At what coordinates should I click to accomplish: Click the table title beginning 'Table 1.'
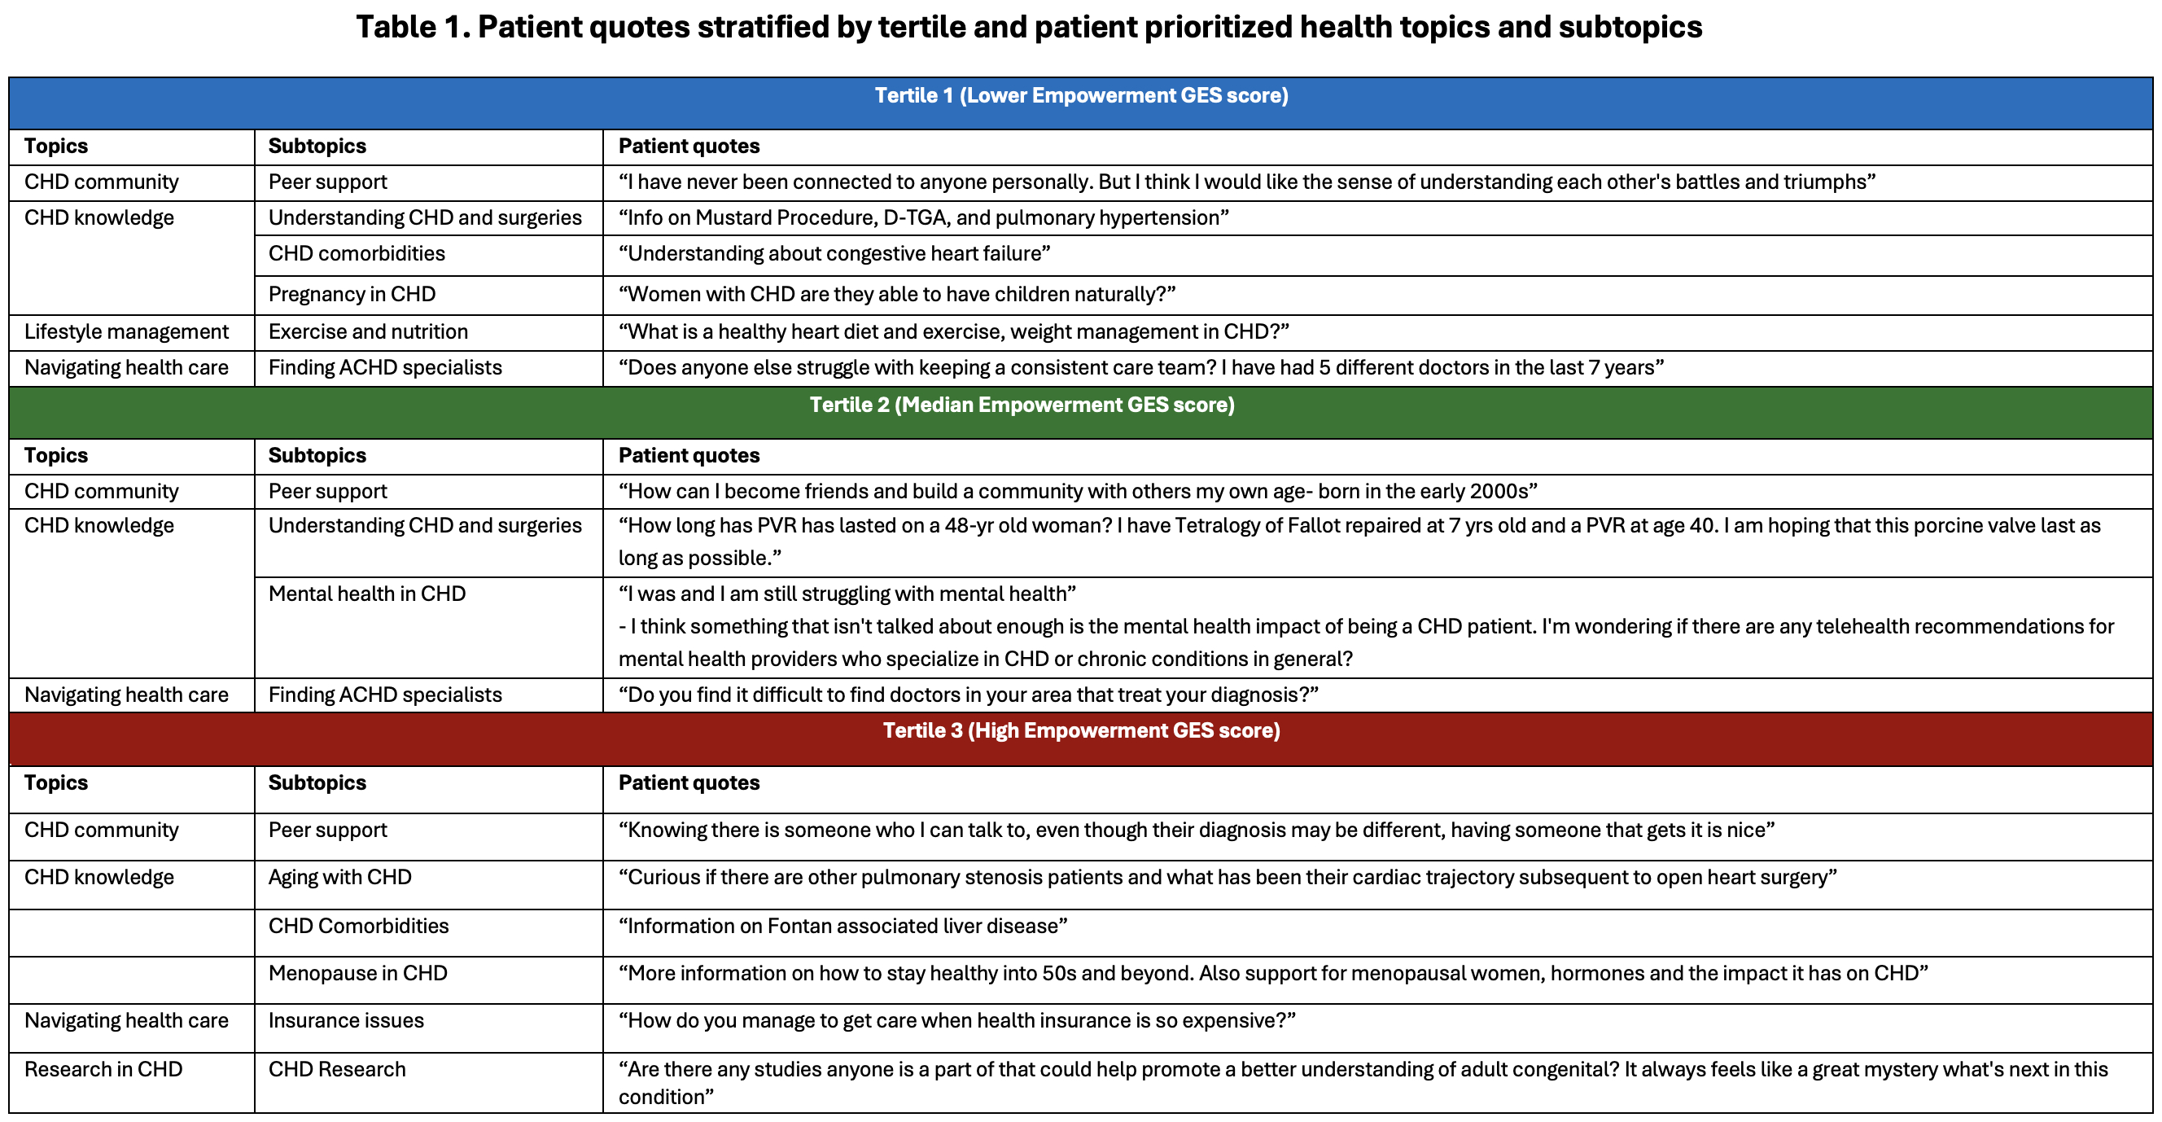1029,27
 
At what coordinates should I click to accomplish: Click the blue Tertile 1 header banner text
1081,96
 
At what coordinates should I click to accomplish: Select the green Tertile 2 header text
1022,405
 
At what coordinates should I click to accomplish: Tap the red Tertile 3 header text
1081,730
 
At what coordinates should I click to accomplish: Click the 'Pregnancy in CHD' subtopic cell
352,295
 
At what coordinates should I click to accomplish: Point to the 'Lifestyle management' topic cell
126,331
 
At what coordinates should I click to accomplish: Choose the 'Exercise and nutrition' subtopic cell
368,331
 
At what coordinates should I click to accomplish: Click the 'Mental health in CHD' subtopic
367,594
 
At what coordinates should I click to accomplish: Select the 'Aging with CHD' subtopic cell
340,878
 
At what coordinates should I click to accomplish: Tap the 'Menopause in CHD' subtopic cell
357,973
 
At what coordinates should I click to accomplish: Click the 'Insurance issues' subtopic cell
346,1020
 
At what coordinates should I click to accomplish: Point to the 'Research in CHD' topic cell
103,1069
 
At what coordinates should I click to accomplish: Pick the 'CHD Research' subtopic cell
336,1069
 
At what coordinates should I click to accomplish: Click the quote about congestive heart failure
834,253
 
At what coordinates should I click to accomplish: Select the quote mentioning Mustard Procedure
923,218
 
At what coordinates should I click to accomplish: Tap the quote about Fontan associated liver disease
842,927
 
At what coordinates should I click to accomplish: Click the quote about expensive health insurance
956,1020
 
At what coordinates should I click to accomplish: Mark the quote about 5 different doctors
1141,368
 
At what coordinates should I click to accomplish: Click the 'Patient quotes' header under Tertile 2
688,455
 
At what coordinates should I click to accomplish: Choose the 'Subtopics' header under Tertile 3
317,782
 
